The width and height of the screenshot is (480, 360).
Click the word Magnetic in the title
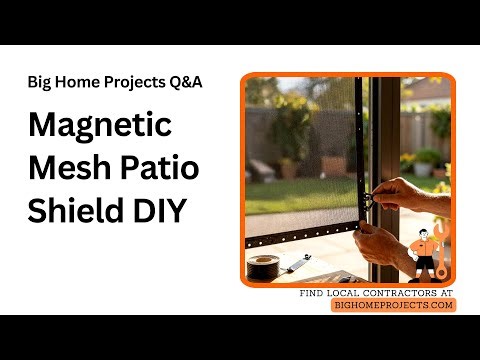click(x=100, y=128)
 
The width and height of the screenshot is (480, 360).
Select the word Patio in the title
click(x=159, y=169)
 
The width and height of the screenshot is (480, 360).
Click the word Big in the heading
click(x=41, y=82)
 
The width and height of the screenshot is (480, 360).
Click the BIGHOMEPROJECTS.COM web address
click(x=393, y=305)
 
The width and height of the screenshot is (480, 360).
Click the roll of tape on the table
click(x=264, y=267)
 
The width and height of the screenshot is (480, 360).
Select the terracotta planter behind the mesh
click(x=334, y=164)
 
